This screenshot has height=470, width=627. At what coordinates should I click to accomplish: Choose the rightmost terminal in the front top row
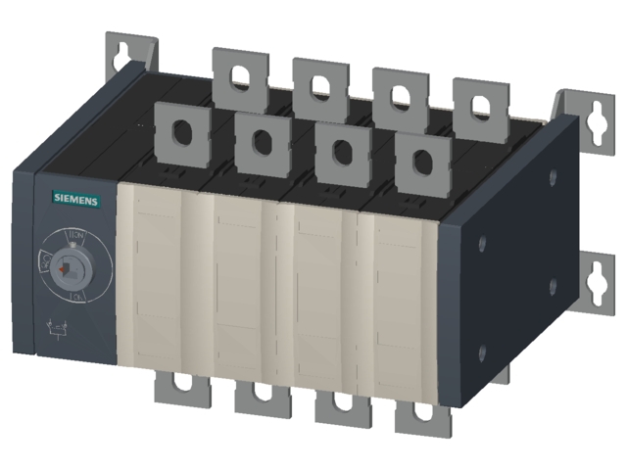pyautogui.click(x=422, y=160)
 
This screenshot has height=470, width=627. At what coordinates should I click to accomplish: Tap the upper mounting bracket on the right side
pyautogui.click(x=592, y=117)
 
